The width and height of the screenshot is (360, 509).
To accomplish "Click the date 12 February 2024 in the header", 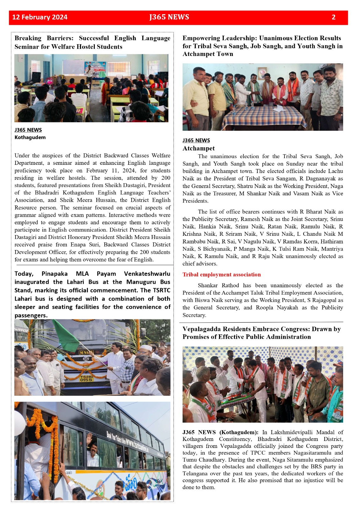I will click(40, 17).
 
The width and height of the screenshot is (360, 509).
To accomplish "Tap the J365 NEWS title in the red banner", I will click(169, 17).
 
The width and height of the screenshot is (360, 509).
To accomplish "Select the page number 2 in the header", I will click(333, 17).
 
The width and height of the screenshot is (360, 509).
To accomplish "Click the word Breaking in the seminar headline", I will click(28, 38).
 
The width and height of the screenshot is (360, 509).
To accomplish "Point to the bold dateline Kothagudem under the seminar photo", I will click(30, 137).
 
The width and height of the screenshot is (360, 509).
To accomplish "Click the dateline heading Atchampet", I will click(199, 148).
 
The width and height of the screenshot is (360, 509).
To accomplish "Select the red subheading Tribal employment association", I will click(222, 275).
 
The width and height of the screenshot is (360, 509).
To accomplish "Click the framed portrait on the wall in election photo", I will click(262, 73).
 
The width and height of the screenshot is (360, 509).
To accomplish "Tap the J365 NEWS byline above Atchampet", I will click(196, 140).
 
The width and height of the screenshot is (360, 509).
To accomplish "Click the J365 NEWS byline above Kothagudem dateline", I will click(28, 130).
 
